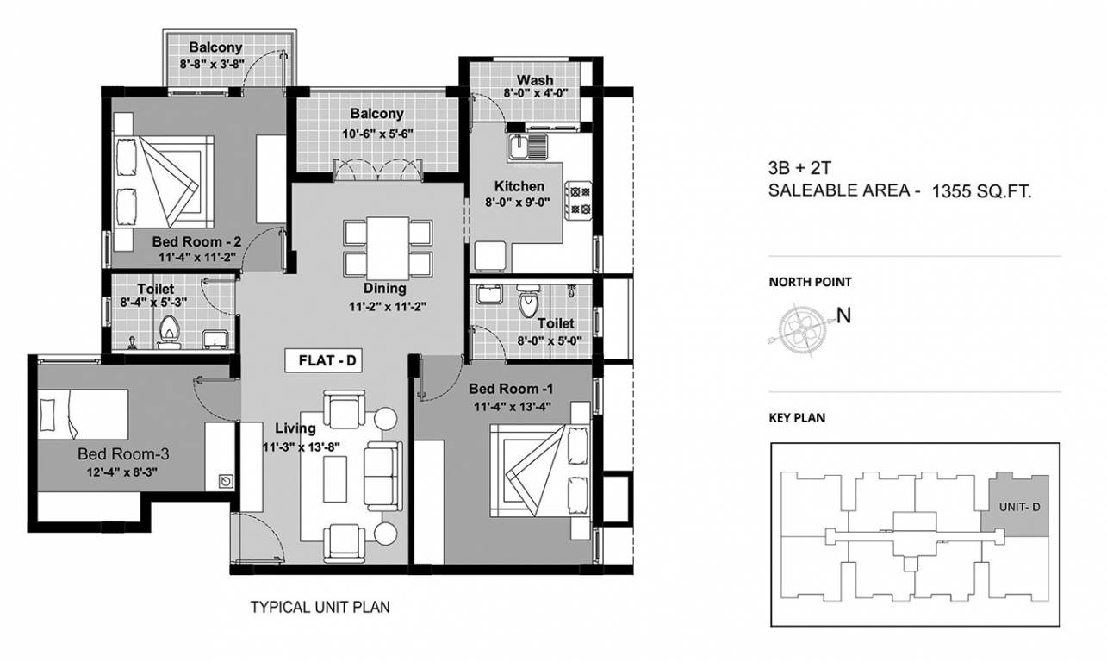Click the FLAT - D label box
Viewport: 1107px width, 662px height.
[x=327, y=361]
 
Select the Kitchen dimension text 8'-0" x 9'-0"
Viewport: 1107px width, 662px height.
[x=519, y=203]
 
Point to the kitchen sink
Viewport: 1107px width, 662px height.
[x=526, y=147]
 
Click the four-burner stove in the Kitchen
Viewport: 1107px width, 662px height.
[x=577, y=199]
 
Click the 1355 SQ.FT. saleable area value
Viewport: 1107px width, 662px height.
[x=981, y=192]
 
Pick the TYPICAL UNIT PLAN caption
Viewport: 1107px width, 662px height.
[x=320, y=607]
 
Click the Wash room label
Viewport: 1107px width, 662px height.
[x=535, y=80]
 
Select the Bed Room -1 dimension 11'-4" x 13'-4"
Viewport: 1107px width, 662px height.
[x=510, y=406]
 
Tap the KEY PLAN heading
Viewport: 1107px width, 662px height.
[x=797, y=418]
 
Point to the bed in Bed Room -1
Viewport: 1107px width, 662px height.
[x=538, y=470]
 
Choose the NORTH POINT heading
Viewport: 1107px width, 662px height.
[x=810, y=282]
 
